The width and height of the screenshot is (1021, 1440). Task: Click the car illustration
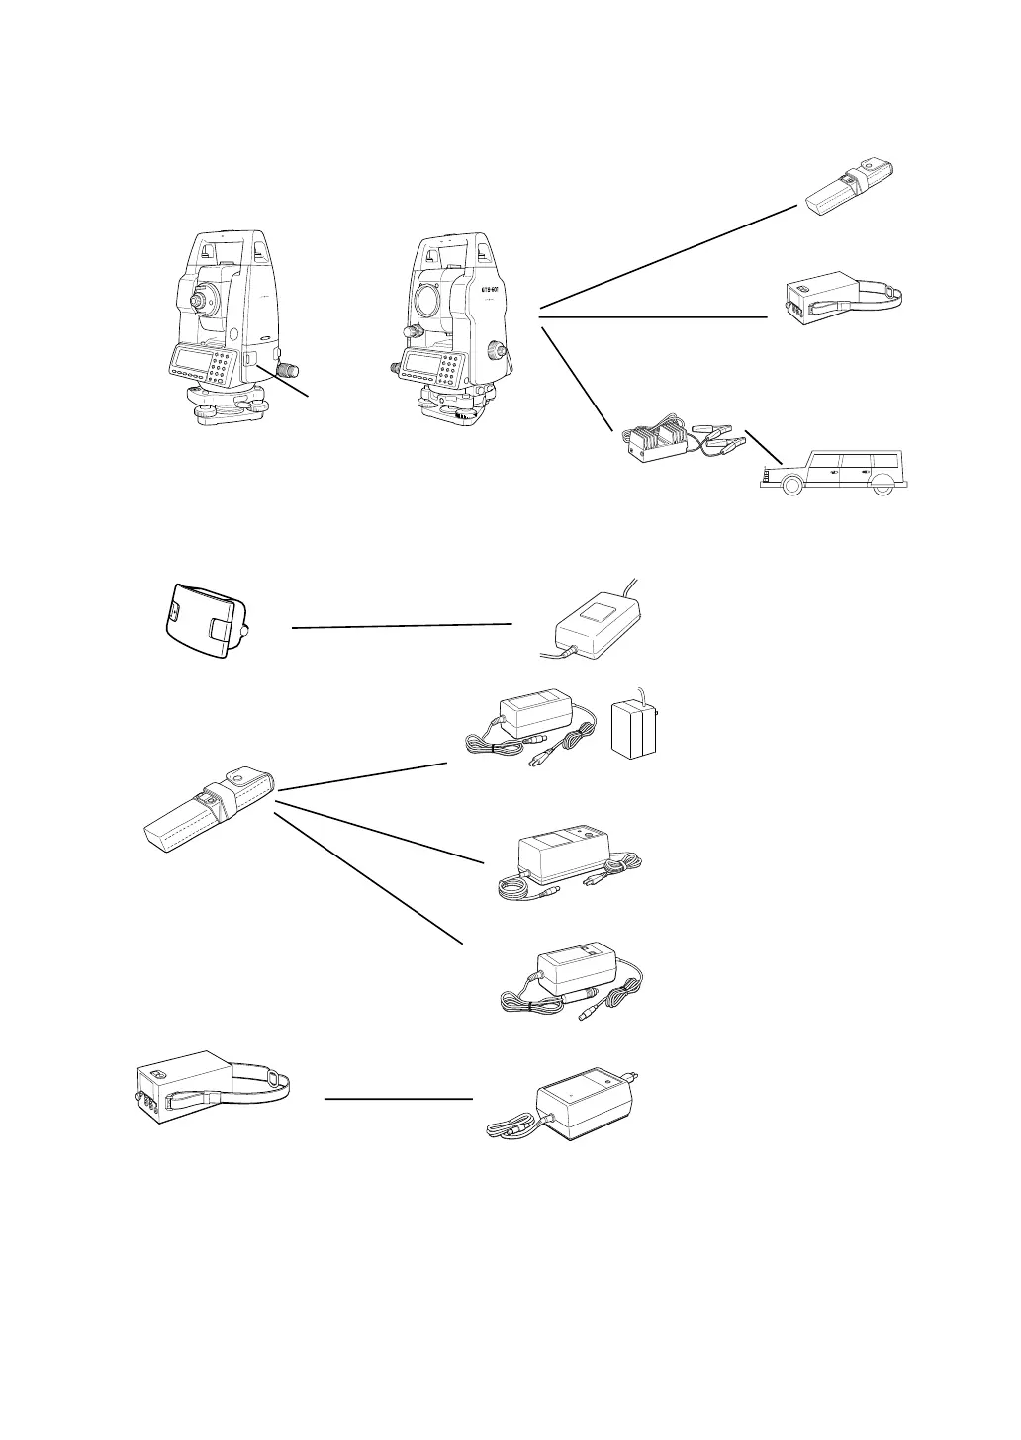837,471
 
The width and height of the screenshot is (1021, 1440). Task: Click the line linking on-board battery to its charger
402,625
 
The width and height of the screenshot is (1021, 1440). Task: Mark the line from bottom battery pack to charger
398,1098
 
